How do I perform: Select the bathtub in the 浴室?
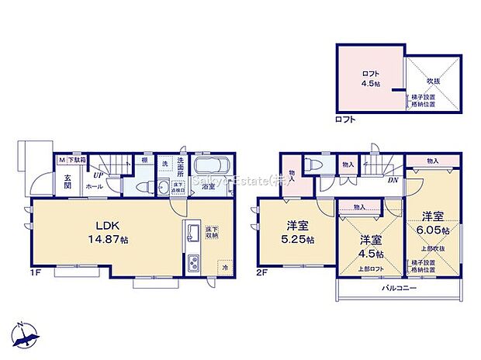coord(208,168)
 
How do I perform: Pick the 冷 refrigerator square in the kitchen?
coord(224,268)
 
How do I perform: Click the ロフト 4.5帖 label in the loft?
coord(370,78)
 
